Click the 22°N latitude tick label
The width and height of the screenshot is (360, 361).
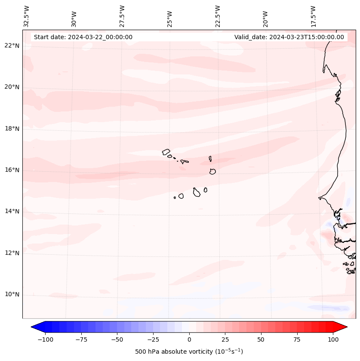click(x=12, y=46)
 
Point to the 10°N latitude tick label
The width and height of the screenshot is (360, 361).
click(x=12, y=295)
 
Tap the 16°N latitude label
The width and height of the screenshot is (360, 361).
click(x=12, y=170)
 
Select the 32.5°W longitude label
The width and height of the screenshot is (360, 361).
click(x=27, y=16)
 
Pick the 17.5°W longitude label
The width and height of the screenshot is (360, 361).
click(x=313, y=16)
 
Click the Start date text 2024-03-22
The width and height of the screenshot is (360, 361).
click(x=83, y=37)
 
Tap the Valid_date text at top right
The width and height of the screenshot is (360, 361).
click(x=289, y=37)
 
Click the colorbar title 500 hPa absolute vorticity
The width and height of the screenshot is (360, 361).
click(x=189, y=352)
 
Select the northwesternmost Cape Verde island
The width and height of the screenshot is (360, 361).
click(x=166, y=151)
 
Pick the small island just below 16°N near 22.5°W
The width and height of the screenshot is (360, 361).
click(x=212, y=171)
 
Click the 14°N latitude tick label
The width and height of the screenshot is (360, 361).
click(x=12, y=211)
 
